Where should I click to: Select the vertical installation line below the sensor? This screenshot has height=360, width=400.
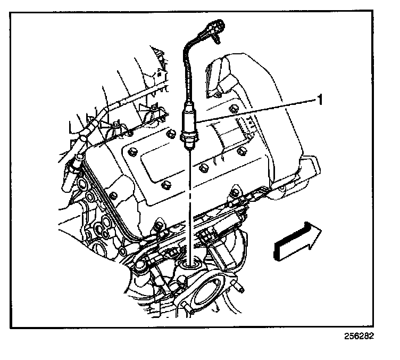[189, 202]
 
